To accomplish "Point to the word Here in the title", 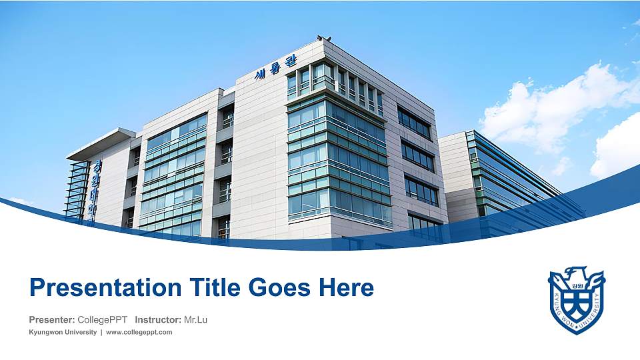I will pos(345,288).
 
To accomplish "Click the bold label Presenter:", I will pos(52,320).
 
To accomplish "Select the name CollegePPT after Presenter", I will pos(103,320).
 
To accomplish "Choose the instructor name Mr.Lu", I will pos(195,320).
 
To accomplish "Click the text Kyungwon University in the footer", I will pos(63,332).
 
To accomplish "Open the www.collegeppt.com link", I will pos(139,332).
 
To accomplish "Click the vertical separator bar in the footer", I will pos(101,332).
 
